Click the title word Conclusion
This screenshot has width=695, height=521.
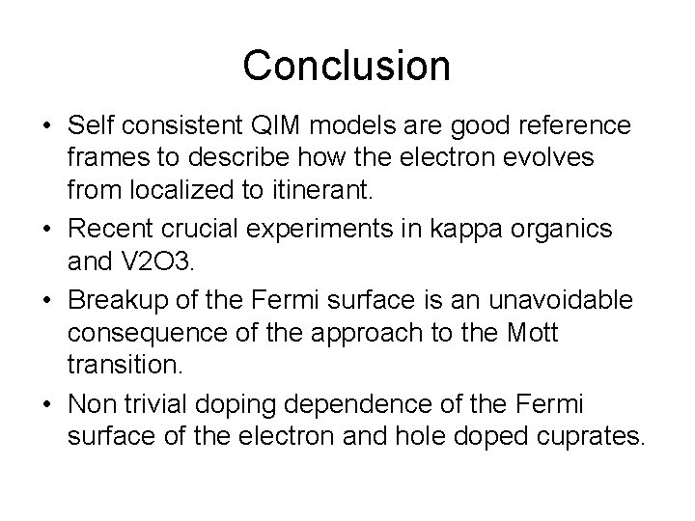pos(347,66)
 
